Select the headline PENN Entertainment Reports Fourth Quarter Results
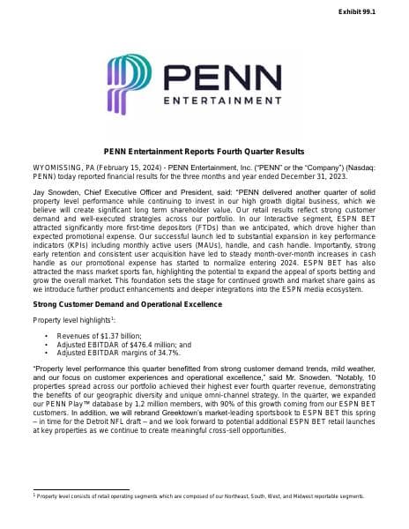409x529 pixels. [204, 151]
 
